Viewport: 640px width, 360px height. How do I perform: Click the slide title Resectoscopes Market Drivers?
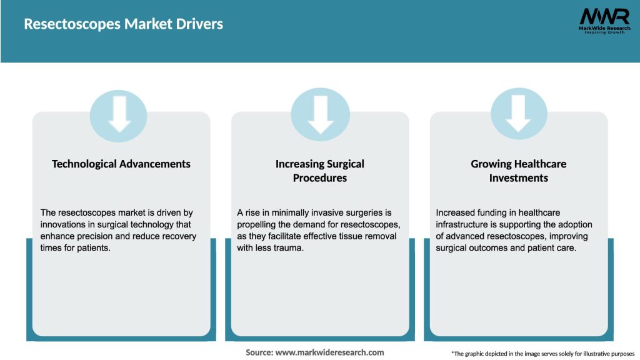(x=123, y=24)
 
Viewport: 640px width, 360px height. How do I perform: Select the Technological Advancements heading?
(x=121, y=164)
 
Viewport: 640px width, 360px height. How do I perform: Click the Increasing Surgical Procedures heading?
(x=320, y=171)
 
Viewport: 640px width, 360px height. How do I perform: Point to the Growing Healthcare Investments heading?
(x=519, y=171)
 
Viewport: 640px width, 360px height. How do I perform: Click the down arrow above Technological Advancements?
(x=119, y=114)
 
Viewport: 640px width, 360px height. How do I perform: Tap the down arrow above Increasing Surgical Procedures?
(x=320, y=114)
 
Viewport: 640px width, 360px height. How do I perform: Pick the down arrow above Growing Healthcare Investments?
(x=519, y=114)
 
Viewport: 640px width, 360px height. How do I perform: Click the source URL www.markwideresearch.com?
(x=330, y=352)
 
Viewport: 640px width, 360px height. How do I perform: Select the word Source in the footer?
(x=259, y=352)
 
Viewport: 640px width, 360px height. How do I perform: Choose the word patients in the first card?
(x=94, y=248)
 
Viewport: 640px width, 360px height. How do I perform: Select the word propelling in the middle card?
(x=257, y=224)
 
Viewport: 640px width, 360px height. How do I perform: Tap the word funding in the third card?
(x=492, y=212)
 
